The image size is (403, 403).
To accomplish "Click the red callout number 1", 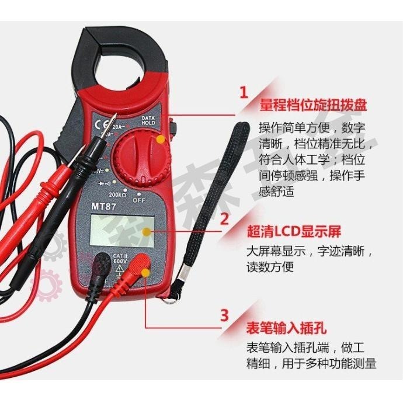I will [x=244, y=92].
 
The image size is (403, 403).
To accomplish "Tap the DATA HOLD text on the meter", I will [x=148, y=120].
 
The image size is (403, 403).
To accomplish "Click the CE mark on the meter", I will [x=98, y=124].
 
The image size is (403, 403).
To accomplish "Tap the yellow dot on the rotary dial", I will [x=159, y=140].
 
